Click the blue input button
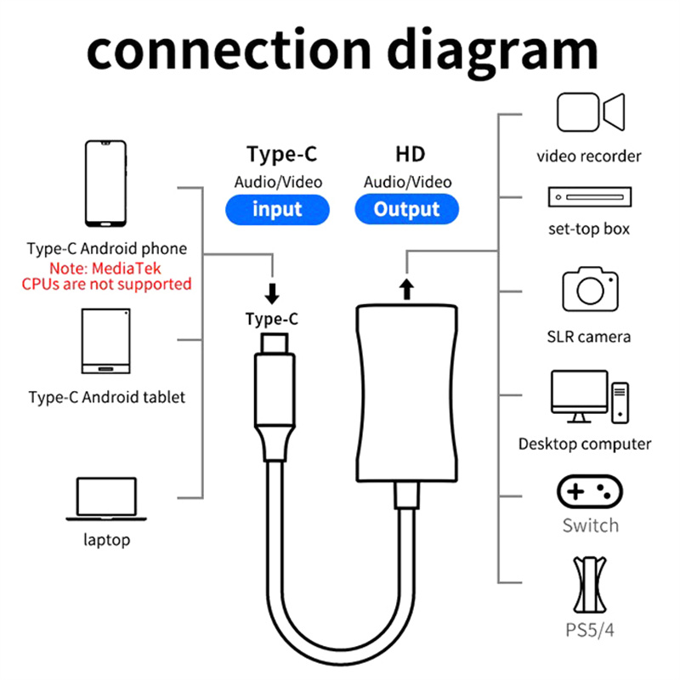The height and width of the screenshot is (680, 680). tap(277, 209)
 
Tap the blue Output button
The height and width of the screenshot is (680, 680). tap(407, 209)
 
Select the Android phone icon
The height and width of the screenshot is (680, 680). tap(105, 184)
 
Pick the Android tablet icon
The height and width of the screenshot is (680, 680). tap(105, 341)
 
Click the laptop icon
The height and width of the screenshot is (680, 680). tap(106, 499)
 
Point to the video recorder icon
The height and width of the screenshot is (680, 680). tap(591, 112)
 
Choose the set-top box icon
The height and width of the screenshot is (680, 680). tap(590, 197)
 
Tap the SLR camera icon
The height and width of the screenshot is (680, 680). tap(590, 289)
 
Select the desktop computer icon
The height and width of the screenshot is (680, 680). tap(590, 396)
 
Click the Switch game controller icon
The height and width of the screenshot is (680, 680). tap(590, 491)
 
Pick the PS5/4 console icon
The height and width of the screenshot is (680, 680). tap(590, 585)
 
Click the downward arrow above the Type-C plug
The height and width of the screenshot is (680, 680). tap(272, 293)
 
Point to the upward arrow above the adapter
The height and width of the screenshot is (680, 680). tap(406, 289)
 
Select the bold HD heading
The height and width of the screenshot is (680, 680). tap(411, 155)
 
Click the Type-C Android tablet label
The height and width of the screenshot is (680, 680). tap(107, 397)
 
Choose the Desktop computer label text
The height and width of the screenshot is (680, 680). tap(585, 444)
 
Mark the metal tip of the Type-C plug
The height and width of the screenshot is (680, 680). tap(275, 343)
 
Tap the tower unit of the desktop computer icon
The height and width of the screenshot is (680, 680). tap(620, 403)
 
